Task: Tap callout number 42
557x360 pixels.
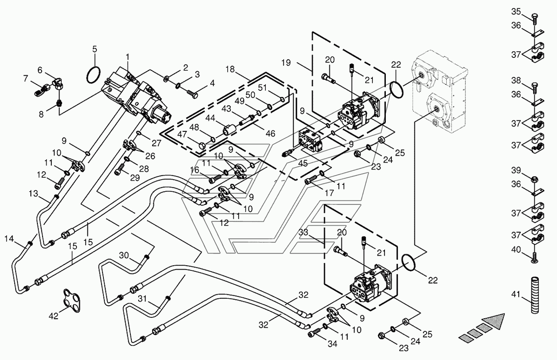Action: [53, 316]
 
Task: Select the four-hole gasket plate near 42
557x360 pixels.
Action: [72, 300]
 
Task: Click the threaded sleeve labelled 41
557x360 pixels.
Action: [535, 295]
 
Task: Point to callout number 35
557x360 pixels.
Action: [516, 11]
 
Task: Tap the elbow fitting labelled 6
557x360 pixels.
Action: [58, 84]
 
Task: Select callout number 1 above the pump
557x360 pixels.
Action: [128, 57]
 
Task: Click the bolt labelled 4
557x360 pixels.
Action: [192, 93]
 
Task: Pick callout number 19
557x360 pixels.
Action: [286, 63]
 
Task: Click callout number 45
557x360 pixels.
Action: [303, 163]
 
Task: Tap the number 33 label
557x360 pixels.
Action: [303, 232]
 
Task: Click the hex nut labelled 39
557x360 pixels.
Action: [534, 179]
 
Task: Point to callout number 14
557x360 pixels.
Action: [9, 239]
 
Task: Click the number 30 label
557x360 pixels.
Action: [124, 255]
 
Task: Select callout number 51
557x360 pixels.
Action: [262, 87]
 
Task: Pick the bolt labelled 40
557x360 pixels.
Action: [534, 257]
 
